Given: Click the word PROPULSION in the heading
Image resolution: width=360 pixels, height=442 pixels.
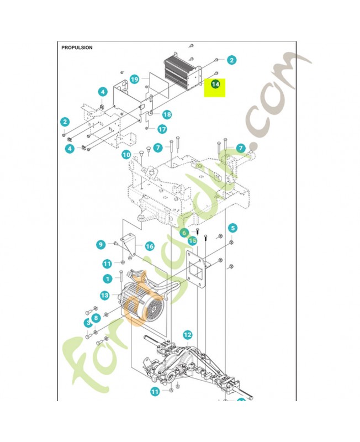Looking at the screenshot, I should coord(77,48).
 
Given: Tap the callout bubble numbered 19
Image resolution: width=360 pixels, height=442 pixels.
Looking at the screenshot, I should coord(135,80).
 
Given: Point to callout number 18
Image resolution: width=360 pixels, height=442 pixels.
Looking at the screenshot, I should coord(166,114).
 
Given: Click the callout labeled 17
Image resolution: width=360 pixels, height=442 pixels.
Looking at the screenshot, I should coord(162,129).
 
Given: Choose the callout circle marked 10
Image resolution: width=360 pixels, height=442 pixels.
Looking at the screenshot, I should coord(126,155).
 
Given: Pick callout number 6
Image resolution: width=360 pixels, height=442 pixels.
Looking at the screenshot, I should coord(185,233).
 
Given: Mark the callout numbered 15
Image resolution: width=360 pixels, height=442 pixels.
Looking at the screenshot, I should coord(192,241).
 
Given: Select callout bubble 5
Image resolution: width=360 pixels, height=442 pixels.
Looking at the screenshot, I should coord(232,228).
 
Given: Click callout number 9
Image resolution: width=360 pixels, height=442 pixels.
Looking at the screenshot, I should coord(100,244).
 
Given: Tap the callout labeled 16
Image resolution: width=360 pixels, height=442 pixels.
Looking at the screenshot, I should coord(149,246).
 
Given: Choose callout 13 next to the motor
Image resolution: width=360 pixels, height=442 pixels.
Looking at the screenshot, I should coord(105,296).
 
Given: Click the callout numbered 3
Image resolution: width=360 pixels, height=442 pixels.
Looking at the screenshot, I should coord(87,323).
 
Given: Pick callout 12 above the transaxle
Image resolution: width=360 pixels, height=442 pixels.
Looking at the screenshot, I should coord(188,335).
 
